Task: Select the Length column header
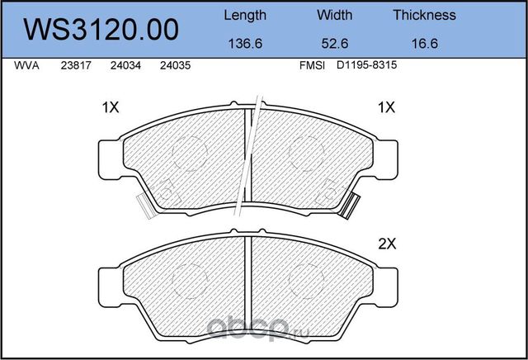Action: pos(245,16)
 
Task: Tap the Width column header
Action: pos(334,16)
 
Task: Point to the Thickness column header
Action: pos(424,16)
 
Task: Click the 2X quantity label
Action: pos(387,244)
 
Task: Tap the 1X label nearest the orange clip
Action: pos(386,107)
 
